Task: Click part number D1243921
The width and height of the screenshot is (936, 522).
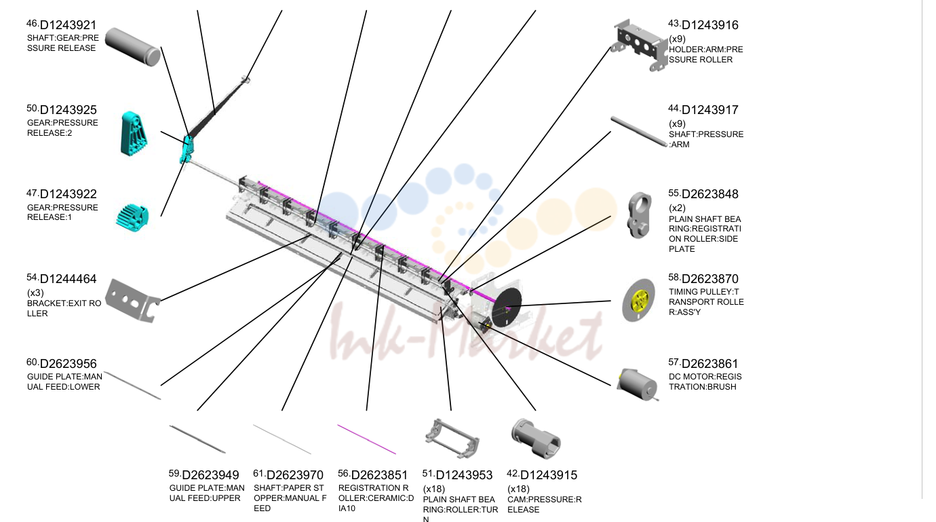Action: tap(68, 25)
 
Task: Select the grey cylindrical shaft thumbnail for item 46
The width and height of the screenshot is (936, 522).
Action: tap(133, 47)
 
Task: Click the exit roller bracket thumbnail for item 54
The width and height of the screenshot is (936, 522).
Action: tap(133, 301)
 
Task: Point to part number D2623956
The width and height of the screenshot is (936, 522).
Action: tap(68, 364)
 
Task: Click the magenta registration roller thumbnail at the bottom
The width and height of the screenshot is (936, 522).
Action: tap(366, 439)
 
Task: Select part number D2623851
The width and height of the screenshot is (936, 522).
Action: tap(379, 475)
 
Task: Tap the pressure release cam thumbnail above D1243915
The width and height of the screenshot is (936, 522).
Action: tap(536, 438)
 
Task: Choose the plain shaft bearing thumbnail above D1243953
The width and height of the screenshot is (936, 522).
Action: tap(452, 439)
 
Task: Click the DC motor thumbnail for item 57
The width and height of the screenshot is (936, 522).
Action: tap(638, 385)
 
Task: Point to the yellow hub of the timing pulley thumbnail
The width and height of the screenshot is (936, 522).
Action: tap(640, 301)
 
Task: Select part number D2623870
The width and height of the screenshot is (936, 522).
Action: tap(710, 279)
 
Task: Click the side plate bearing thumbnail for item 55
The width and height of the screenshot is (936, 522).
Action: tap(640, 215)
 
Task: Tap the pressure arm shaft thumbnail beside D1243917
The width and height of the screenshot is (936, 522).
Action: tap(640, 132)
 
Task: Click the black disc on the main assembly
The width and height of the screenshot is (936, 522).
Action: tap(507, 308)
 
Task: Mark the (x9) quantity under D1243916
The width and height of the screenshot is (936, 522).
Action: tap(677, 39)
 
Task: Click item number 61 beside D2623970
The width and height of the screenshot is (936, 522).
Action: tap(259, 474)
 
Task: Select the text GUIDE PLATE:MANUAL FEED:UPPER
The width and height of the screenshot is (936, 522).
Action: tap(207, 493)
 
